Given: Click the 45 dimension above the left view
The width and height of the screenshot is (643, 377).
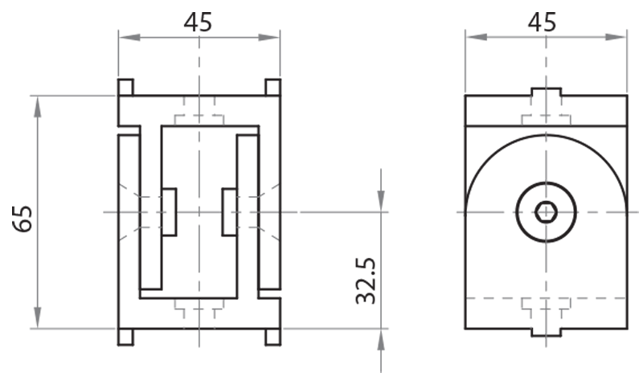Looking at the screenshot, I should click(x=198, y=22).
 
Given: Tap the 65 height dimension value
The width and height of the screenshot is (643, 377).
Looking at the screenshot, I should click(x=23, y=218).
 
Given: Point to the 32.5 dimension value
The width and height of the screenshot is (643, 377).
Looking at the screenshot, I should click(x=367, y=281).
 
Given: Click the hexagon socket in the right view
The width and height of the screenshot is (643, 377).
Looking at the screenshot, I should click(x=545, y=212).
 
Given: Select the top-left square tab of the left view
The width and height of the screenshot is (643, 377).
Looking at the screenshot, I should click(x=126, y=87).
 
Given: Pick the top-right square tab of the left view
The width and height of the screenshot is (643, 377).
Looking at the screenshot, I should click(x=272, y=87).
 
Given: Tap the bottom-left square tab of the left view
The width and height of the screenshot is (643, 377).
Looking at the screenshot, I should click(x=126, y=336).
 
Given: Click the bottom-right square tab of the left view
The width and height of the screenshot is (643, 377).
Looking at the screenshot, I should click(x=272, y=336).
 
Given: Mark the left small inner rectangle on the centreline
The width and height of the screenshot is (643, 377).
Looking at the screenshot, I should click(x=170, y=212).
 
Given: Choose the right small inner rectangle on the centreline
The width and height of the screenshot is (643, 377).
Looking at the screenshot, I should click(x=229, y=212).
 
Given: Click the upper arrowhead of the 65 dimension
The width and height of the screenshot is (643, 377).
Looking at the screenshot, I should click(x=37, y=103).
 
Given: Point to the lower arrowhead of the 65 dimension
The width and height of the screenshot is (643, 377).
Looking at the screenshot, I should click(x=37, y=321).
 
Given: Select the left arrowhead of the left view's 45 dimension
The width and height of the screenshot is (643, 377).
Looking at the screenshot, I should click(x=126, y=36).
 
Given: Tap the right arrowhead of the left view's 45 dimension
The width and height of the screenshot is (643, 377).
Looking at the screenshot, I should click(x=272, y=36).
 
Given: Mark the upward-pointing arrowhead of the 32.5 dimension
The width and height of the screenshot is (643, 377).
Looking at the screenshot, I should click(x=381, y=337).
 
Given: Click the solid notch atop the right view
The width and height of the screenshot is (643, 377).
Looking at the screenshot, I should click(x=546, y=92).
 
